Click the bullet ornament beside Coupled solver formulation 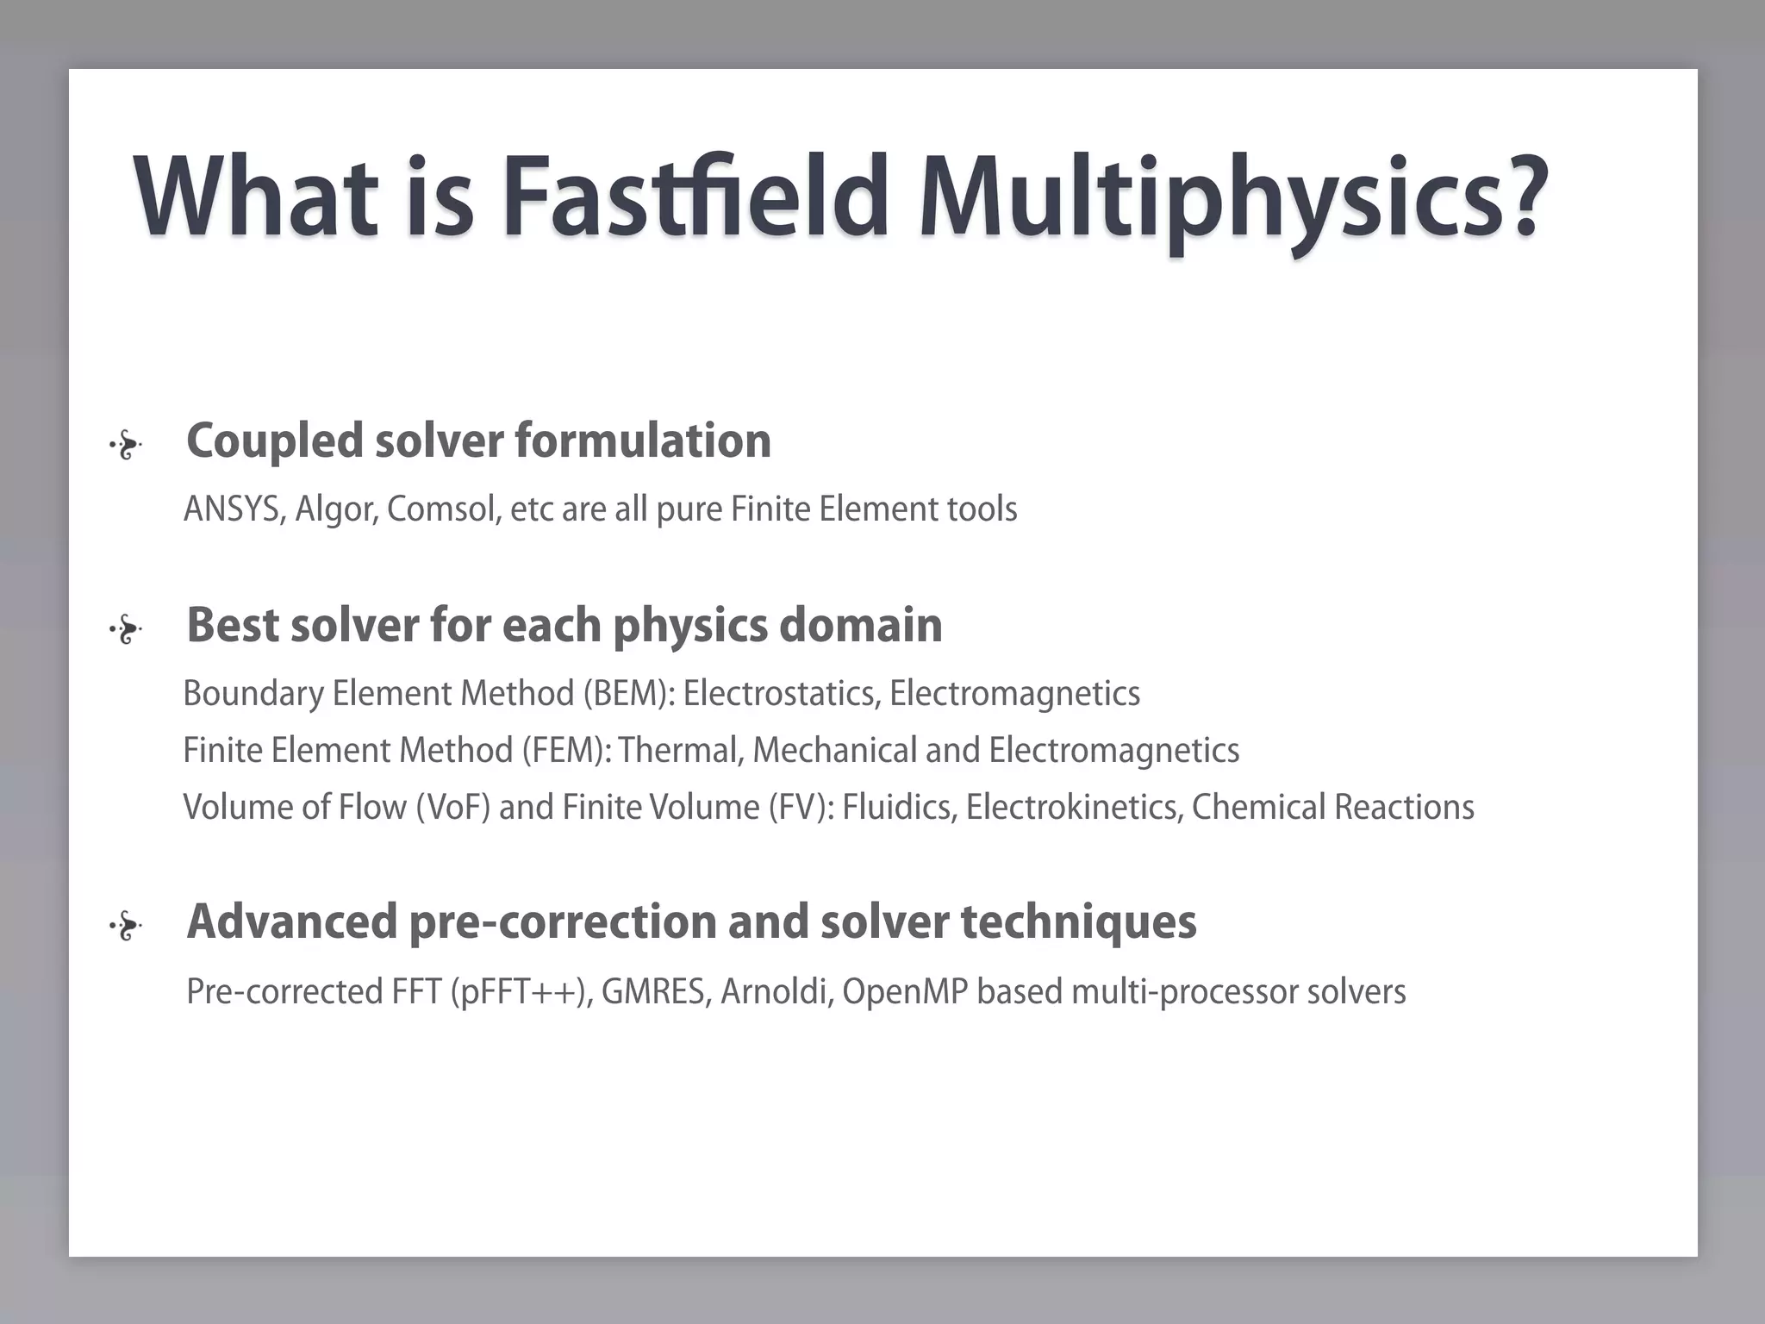click(126, 446)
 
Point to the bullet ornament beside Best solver click(126, 630)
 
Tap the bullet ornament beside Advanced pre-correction click(126, 927)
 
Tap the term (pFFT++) click(521, 992)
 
